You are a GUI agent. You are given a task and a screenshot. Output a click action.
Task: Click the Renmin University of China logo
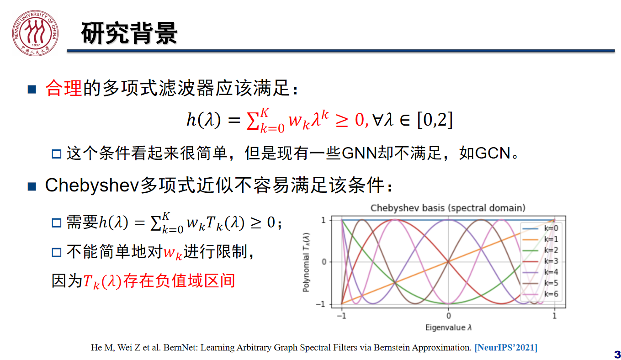click(x=35, y=33)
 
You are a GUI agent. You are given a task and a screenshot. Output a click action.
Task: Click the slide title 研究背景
click(x=129, y=33)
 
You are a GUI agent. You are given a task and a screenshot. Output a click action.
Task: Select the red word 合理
click(x=64, y=88)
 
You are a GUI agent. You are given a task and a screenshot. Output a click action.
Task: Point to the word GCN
click(x=493, y=153)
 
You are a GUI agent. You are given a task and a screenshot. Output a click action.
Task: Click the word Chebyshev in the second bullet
click(x=92, y=185)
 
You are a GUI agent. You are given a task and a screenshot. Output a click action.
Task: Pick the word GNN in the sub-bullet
click(x=360, y=153)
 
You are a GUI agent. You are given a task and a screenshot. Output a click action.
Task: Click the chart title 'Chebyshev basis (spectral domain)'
click(x=448, y=208)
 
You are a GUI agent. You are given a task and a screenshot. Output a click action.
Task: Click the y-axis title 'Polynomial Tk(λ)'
click(x=306, y=262)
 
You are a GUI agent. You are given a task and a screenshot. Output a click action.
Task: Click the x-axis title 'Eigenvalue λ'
click(x=448, y=327)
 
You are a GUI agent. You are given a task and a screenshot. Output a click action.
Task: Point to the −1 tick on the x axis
click(x=341, y=316)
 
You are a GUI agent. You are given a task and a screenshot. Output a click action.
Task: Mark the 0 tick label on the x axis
click(x=449, y=316)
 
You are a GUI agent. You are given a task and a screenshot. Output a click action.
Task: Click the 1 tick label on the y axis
click(x=323, y=220)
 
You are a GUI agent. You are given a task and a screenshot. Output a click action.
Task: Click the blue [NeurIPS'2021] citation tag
click(x=506, y=348)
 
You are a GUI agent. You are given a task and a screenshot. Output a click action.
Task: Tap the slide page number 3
click(x=617, y=355)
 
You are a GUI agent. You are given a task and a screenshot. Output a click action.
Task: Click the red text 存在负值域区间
click(x=179, y=281)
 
